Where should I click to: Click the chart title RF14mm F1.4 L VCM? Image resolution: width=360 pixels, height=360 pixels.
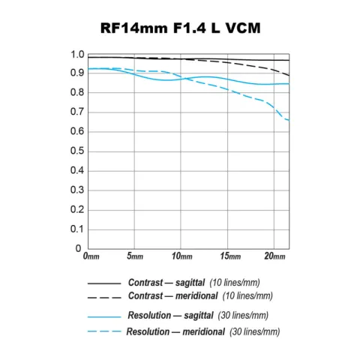[180, 30]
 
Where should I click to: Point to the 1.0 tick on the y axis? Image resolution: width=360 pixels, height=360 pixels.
[76, 55]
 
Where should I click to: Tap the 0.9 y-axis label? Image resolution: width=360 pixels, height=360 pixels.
[76, 73]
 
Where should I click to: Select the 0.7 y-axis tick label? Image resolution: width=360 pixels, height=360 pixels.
[76, 112]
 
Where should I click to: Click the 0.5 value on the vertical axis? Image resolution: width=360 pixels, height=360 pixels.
[76, 151]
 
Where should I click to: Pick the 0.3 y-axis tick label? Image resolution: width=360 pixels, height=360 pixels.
[76, 190]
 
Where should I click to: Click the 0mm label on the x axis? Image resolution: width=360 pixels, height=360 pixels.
[91, 257]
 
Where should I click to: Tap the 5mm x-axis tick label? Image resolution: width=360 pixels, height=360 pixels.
[136, 257]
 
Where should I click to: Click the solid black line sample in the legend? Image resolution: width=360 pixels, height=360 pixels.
[103, 284]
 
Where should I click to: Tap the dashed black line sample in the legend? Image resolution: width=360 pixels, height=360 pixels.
[103, 297]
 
